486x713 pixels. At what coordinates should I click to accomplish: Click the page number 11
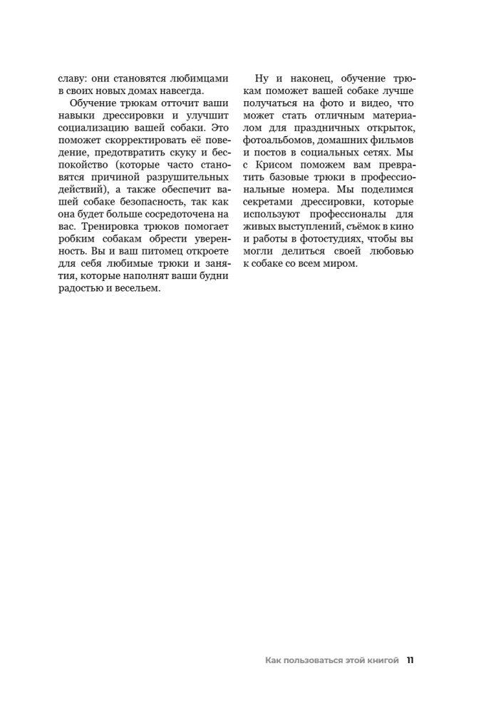click(410, 660)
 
